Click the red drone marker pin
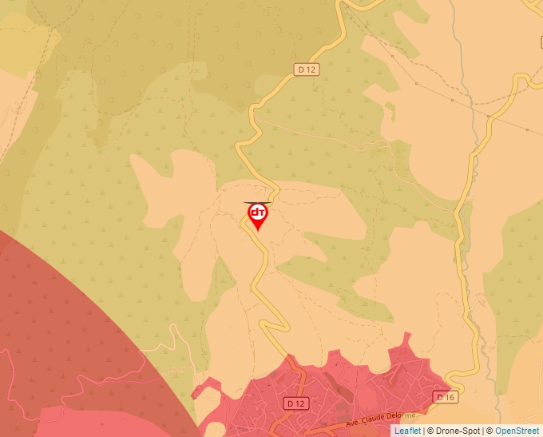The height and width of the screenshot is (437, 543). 258,216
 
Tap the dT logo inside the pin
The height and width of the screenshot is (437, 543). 258,213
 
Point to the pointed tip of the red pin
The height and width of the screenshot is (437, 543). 258,231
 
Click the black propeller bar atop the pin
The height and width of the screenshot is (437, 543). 258,202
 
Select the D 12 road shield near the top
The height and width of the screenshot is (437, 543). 307,70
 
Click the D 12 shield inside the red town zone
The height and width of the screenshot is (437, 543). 295,403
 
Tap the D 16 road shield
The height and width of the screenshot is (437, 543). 445,397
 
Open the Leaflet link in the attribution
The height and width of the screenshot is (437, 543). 407,431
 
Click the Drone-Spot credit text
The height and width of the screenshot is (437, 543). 457,431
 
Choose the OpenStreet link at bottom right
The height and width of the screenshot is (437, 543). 517,431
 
